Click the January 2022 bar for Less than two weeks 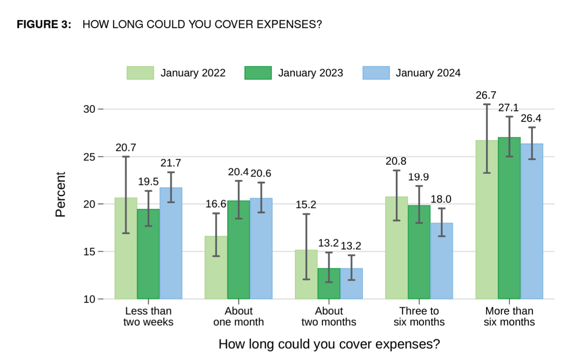(125, 250)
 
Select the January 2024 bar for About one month (261, 250)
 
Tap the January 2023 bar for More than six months (509, 220)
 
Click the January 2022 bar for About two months (306, 275)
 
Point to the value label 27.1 (508, 107)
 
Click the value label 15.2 (306, 205)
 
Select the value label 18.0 (441, 199)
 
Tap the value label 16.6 (215, 204)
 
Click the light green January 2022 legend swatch (140, 73)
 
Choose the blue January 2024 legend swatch (375, 73)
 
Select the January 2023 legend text (310, 73)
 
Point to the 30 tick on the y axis (89, 109)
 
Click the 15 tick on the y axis (89, 251)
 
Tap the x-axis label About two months (328, 316)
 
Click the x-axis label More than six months (509, 316)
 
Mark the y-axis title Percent (60, 194)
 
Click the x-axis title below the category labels (329, 344)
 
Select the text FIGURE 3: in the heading (44, 24)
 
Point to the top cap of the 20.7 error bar (125, 156)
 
